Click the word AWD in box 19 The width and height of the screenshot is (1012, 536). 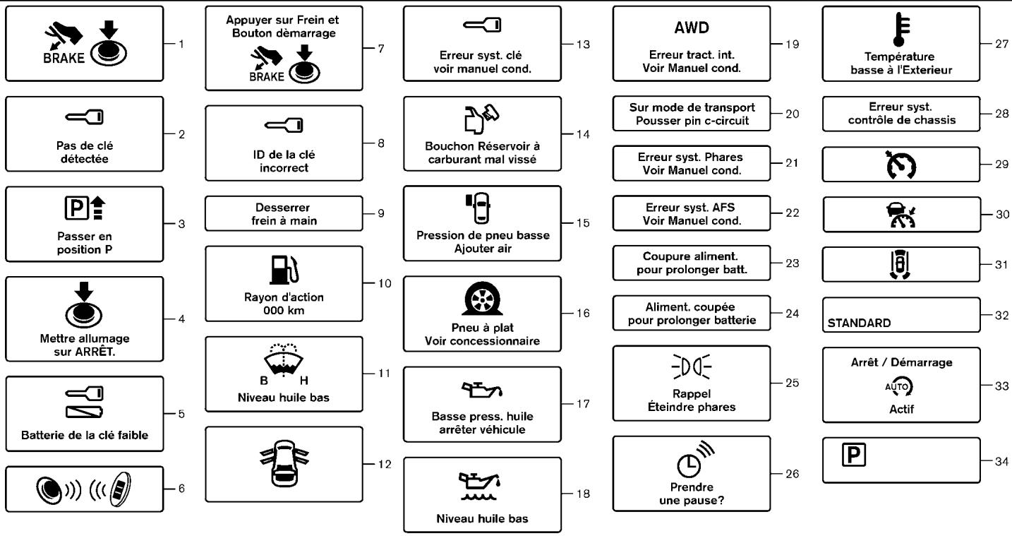691,28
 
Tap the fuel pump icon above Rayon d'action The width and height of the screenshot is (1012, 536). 284,270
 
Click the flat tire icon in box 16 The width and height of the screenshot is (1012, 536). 482,298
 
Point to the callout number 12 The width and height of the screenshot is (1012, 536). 385,464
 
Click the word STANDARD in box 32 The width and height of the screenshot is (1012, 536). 859,323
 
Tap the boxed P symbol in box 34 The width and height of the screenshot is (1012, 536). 853,454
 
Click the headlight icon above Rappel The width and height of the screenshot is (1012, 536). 691,367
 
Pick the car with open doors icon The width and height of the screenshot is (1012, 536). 284,463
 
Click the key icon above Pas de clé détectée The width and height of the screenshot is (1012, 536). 85,117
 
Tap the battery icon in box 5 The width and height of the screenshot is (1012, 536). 85,412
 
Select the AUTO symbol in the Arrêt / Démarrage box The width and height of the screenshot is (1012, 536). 899,387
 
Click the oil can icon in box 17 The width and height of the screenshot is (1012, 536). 481,389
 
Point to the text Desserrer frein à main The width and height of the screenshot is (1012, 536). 284,214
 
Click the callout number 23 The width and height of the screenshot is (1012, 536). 792,263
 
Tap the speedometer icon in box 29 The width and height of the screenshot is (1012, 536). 901,165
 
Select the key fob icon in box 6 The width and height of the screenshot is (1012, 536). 119,489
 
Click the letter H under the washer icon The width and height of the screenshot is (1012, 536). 304,381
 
